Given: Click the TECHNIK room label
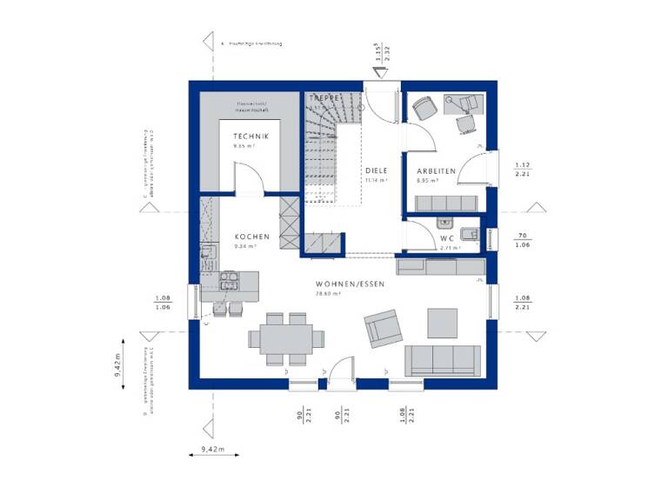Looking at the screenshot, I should click(x=250, y=137).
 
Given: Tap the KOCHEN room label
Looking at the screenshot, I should click(x=251, y=237).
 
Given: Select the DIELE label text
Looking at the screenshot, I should click(x=376, y=170).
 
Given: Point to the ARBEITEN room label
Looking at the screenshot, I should click(x=436, y=171).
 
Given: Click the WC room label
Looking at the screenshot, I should click(x=448, y=237).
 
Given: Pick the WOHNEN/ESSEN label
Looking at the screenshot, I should click(x=350, y=284).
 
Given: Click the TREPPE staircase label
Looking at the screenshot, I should click(x=324, y=99).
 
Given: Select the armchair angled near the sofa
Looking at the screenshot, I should click(x=384, y=330).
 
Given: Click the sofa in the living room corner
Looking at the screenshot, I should click(x=442, y=359).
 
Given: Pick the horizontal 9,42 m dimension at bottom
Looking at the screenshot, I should click(x=208, y=450).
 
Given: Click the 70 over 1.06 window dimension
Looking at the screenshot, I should click(x=524, y=240).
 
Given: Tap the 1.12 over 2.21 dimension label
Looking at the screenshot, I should click(x=524, y=169).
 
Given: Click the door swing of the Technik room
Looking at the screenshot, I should click(x=247, y=178).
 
